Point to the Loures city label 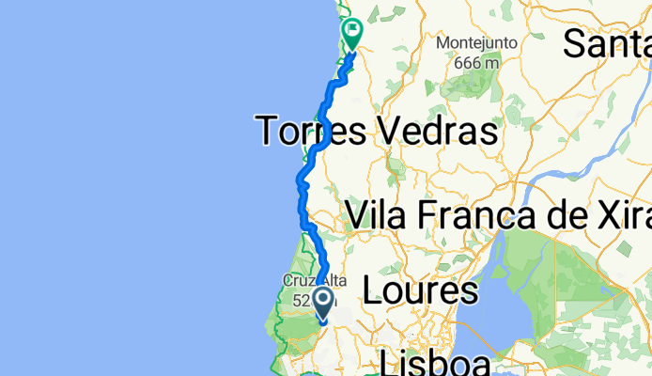420,290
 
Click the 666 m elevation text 475,62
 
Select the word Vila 376,214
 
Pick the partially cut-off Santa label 607,42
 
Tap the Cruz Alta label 303,281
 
